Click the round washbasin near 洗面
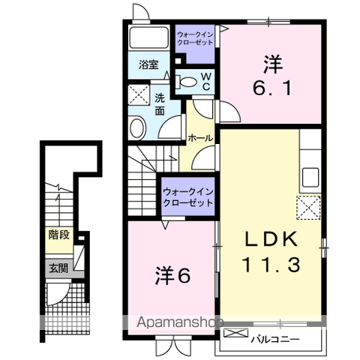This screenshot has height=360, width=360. (137, 127)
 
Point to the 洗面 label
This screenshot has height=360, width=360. (160, 104)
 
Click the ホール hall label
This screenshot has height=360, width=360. (199, 139)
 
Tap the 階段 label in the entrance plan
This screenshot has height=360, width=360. (59, 235)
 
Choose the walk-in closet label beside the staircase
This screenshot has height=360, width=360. (188, 196)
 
